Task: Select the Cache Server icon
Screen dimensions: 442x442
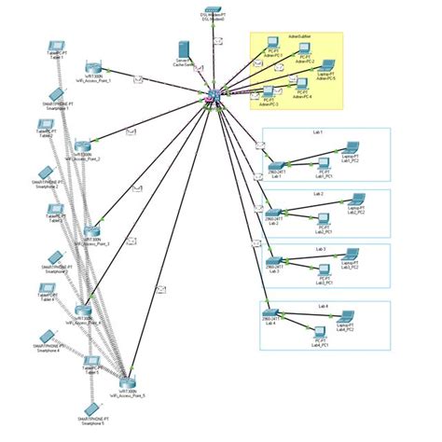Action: pyautogui.click(x=183, y=48)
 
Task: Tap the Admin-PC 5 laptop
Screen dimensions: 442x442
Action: pyautogui.click(x=328, y=68)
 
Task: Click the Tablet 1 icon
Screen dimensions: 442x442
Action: pyautogui.click(x=57, y=46)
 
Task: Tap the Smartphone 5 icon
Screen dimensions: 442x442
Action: pyautogui.click(x=90, y=408)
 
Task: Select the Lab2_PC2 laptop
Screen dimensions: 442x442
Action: pyautogui.click(x=356, y=199)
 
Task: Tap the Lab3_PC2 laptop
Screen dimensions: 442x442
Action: pyautogui.click(x=352, y=254)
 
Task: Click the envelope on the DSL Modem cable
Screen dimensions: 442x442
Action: pyautogui.click(x=216, y=41)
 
